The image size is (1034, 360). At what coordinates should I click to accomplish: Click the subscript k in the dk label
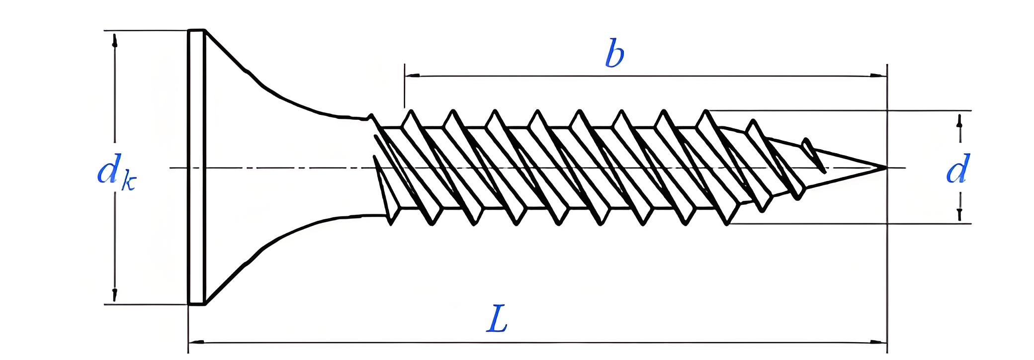(x=128, y=183)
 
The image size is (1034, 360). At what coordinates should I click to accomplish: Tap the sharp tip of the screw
(x=885, y=168)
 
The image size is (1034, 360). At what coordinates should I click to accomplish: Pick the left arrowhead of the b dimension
(x=412, y=76)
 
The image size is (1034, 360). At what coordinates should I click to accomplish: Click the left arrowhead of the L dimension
(x=196, y=342)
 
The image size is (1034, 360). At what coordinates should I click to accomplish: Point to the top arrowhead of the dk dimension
(x=115, y=40)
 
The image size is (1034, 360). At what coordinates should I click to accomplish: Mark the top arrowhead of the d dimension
(x=959, y=121)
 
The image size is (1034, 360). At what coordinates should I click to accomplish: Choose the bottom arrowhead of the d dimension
(x=959, y=214)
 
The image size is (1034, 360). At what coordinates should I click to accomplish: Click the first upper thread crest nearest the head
(x=411, y=112)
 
